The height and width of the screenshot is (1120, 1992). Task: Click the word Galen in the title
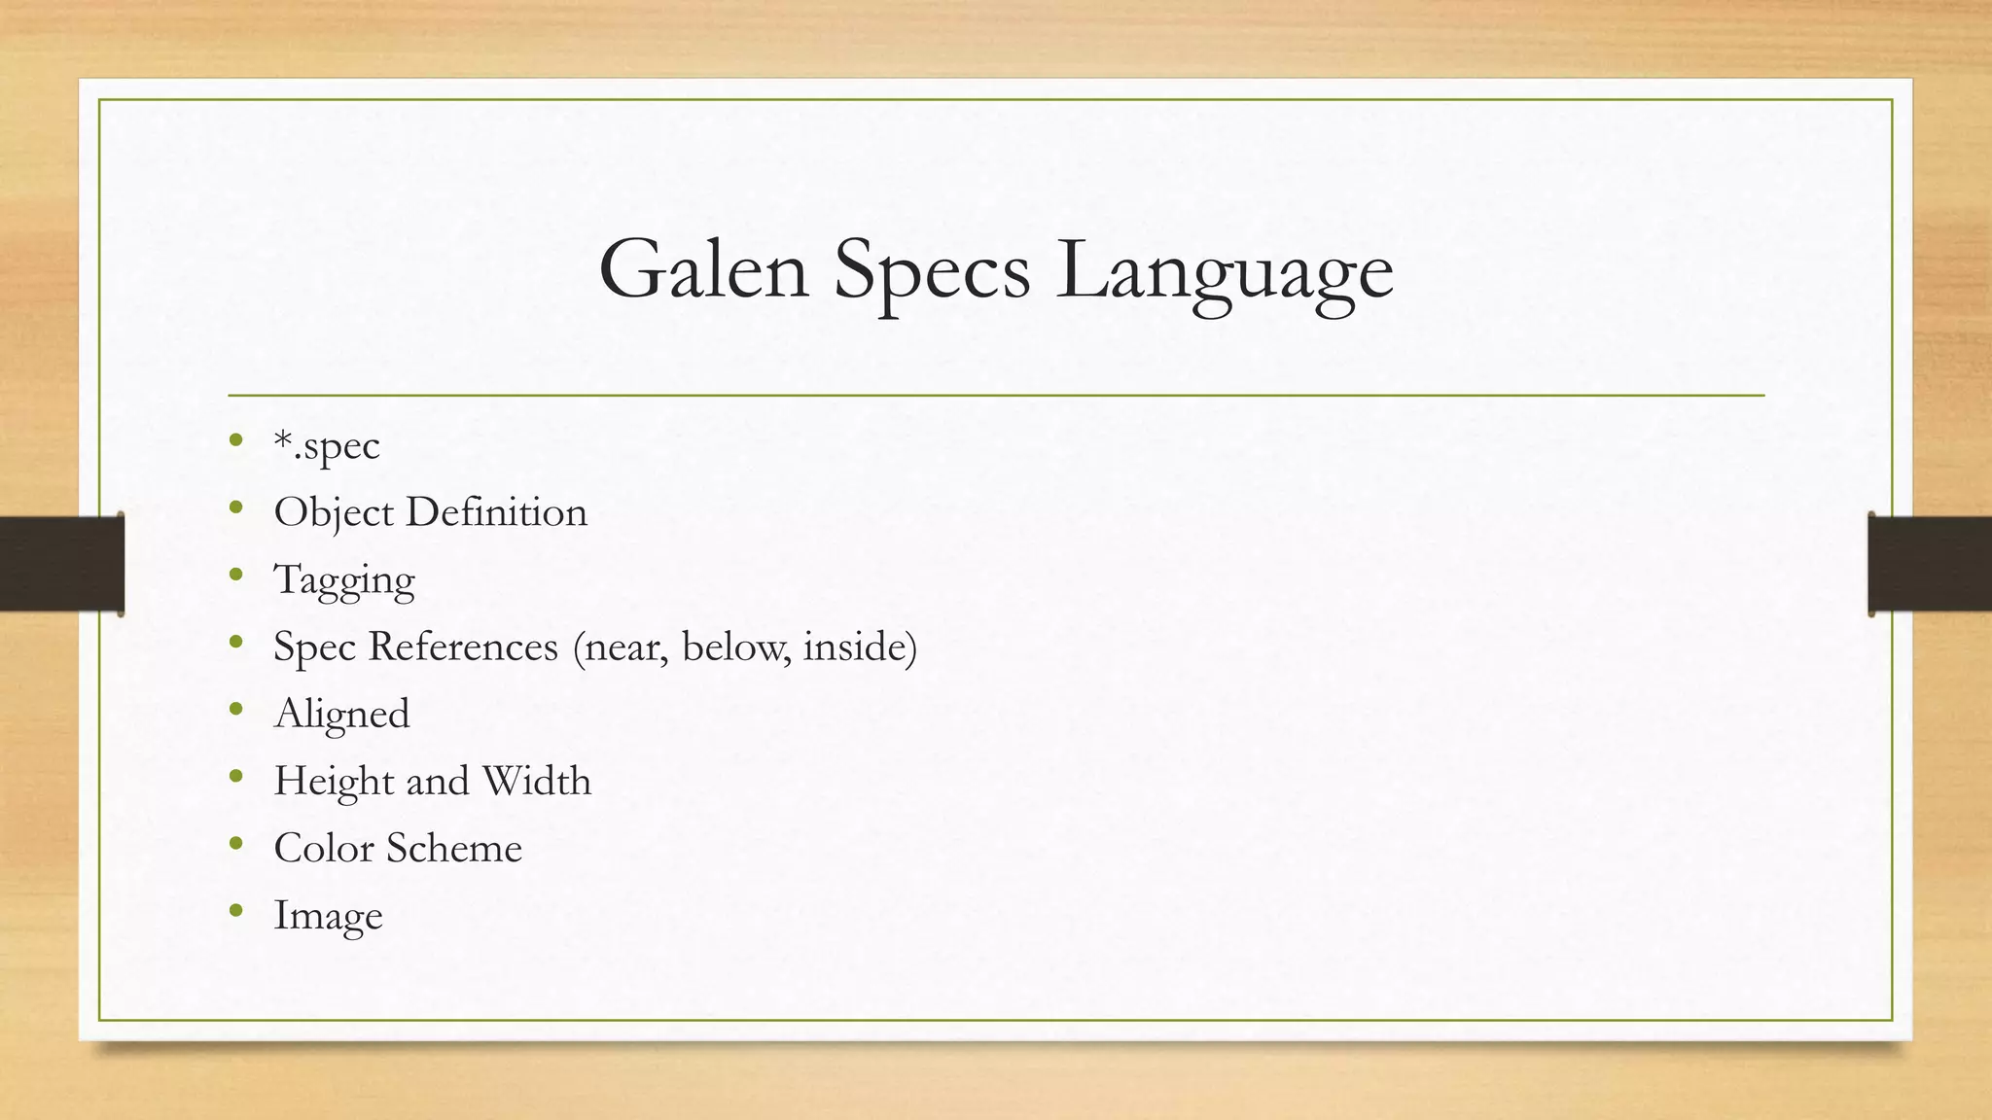(x=703, y=270)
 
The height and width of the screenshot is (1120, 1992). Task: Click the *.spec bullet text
(x=327, y=446)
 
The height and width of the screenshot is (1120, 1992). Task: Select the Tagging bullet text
(x=344, y=580)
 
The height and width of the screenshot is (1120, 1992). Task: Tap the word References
(x=463, y=647)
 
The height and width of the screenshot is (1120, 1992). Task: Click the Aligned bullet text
(x=342, y=715)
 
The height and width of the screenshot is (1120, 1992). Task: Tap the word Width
(x=536, y=781)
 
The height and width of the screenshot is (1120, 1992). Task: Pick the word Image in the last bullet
(x=328, y=916)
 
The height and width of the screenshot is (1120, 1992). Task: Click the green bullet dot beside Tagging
(x=235, y=575)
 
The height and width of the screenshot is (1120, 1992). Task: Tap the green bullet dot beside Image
(x=235, y=911)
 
